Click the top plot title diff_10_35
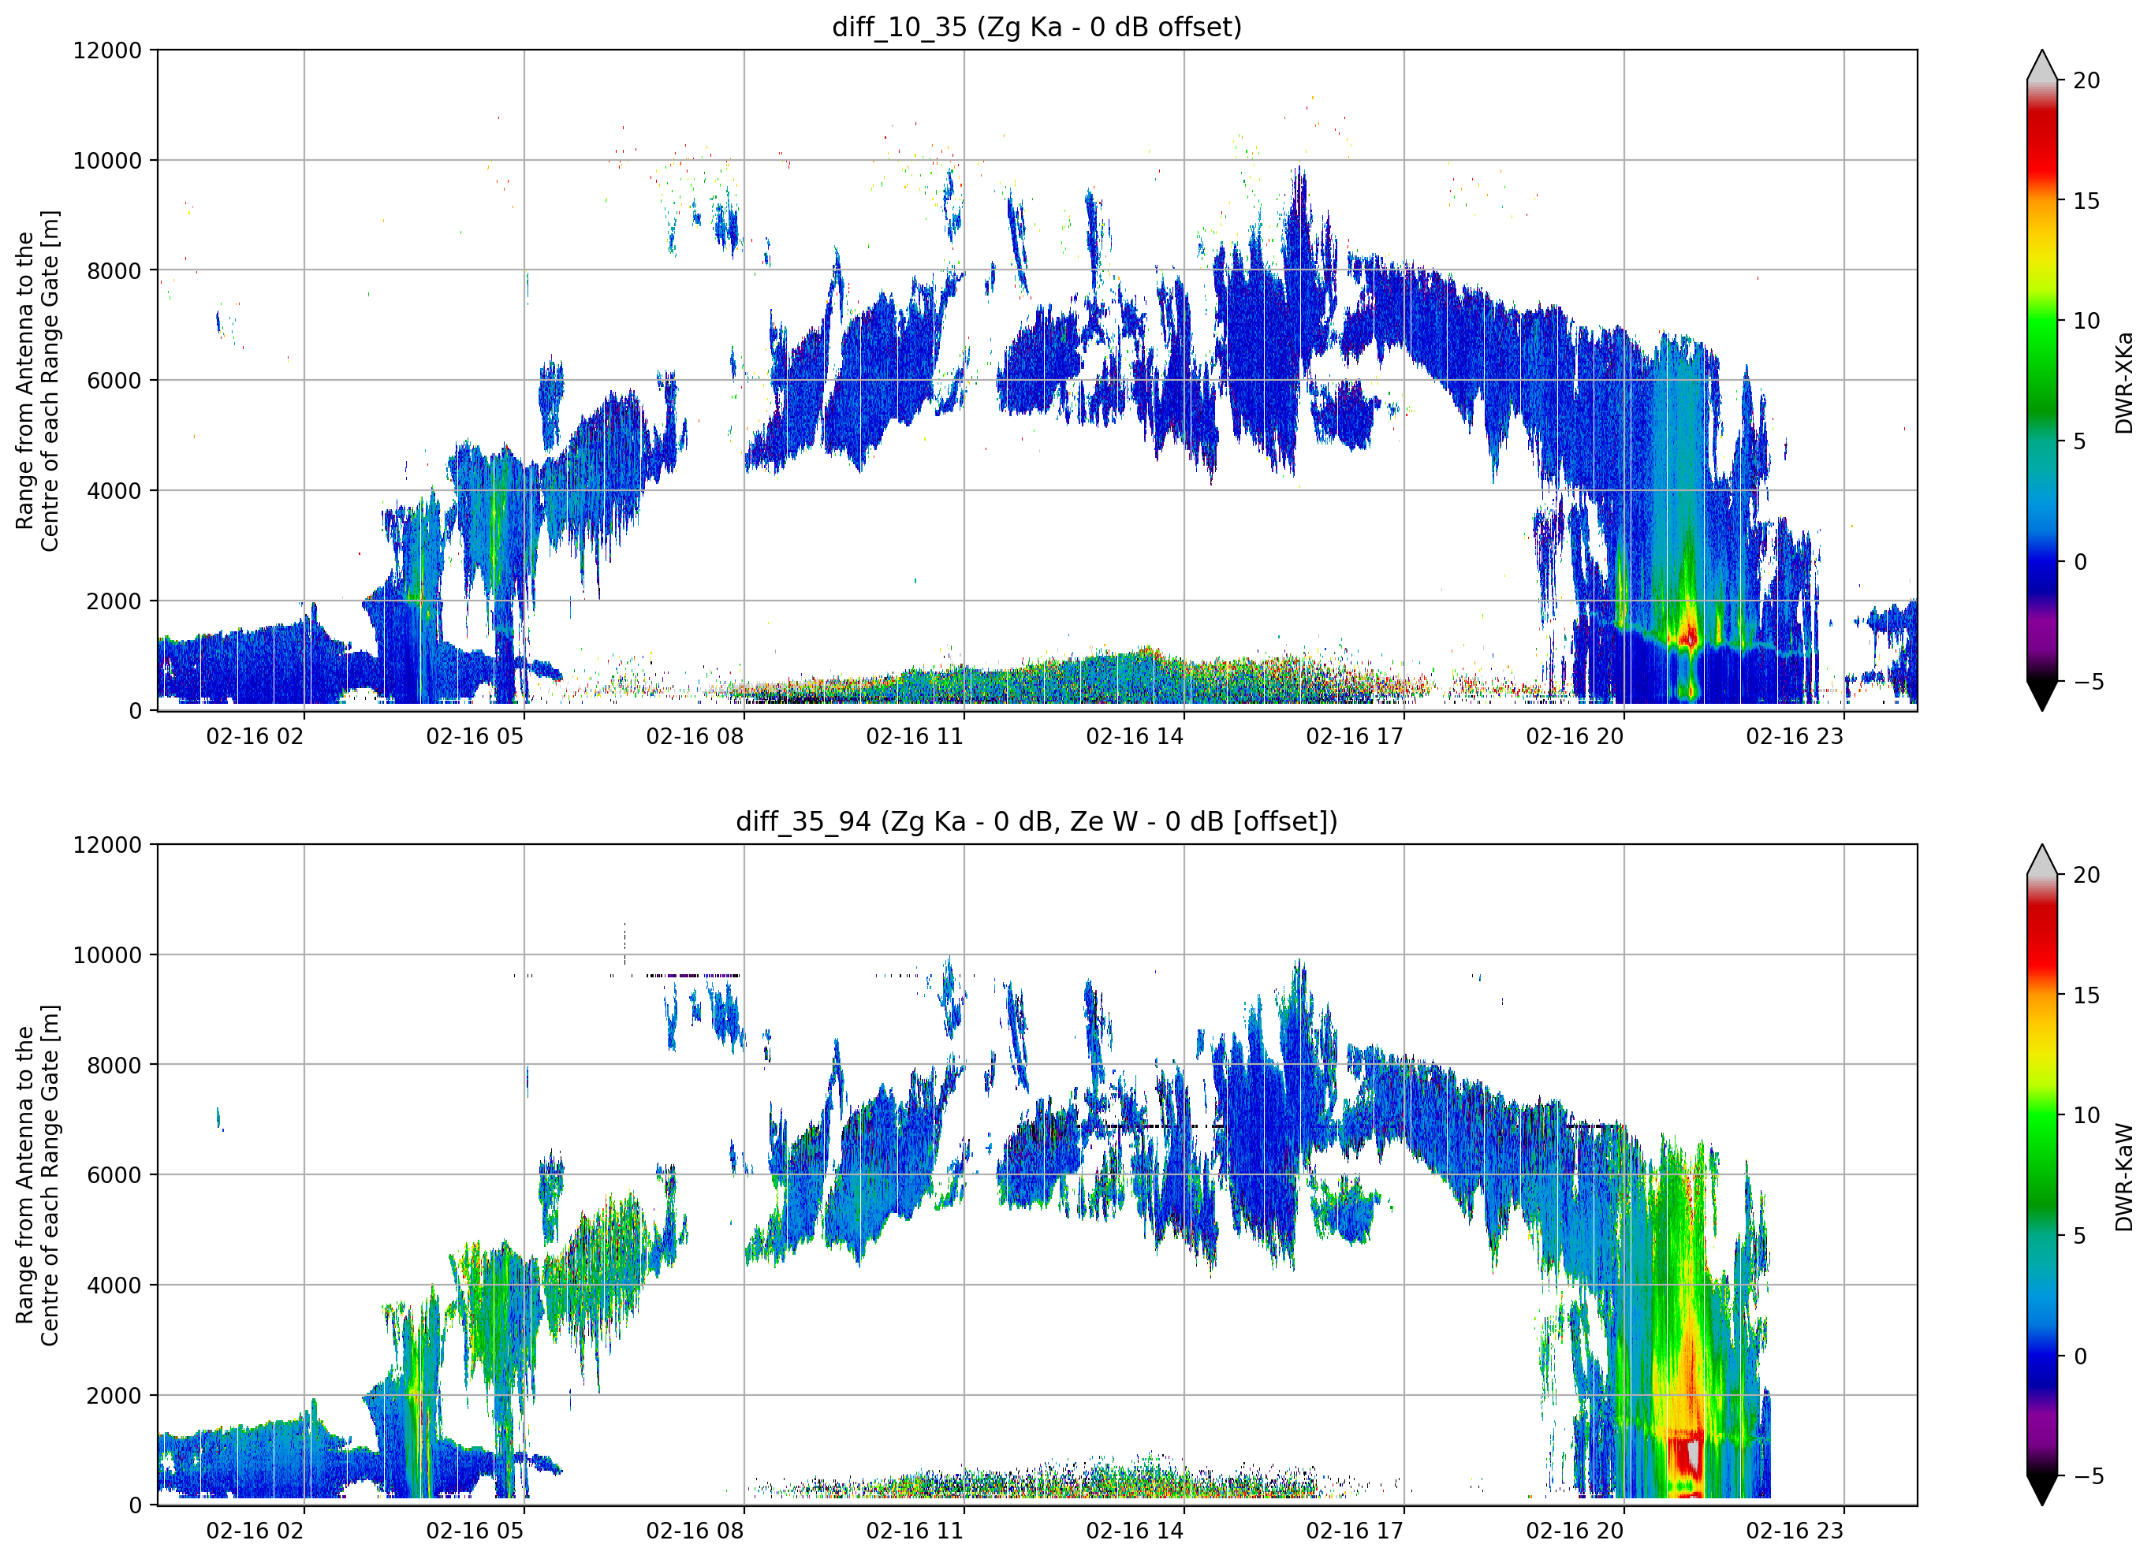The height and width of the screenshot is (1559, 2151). (1037, 27)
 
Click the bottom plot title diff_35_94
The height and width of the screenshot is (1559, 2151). (1037, 821)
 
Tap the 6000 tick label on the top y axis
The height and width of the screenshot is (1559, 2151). (114, 380)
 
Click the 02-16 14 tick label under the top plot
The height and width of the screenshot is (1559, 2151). (1135, 736)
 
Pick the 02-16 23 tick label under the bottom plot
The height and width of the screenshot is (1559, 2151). (1795, 1531)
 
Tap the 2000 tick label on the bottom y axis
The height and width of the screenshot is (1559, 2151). (114, 1396)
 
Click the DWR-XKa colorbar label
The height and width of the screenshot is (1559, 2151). (2123, 383)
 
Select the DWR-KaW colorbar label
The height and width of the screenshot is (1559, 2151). (2123, 1178)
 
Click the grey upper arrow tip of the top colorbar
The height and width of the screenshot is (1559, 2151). (2042, 51)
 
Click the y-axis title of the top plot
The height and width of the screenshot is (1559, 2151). (37, 380)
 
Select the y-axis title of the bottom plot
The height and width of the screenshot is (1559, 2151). (37, 1175)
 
